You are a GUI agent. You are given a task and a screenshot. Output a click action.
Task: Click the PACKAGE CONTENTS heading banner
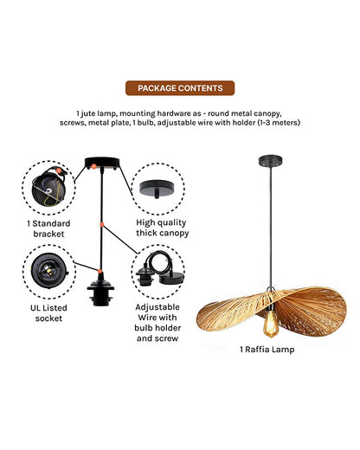179,88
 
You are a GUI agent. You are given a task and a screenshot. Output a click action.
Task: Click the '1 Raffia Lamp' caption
267,350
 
